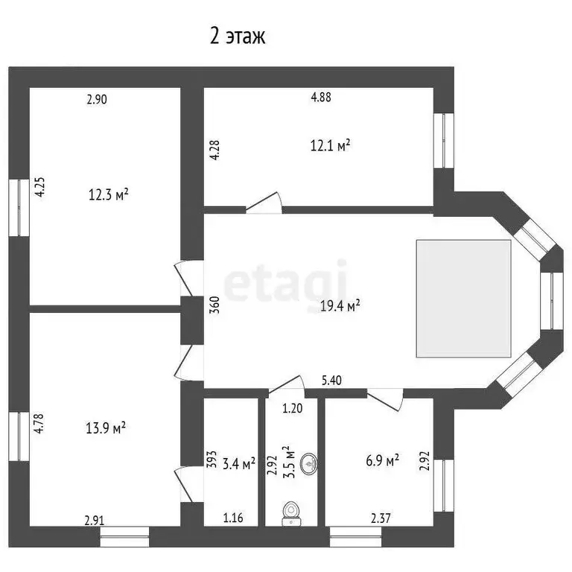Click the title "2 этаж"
pos(238,36)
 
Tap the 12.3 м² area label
pos(109,194)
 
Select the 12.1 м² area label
pos(330,146)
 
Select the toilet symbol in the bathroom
pos(291,512)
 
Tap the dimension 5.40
pos(332,381)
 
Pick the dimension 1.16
pos(234,518)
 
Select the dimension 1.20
pos(291,408)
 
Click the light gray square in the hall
pos(463,297)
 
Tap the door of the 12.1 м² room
pos(264,203)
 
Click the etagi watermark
pos(286,281)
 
